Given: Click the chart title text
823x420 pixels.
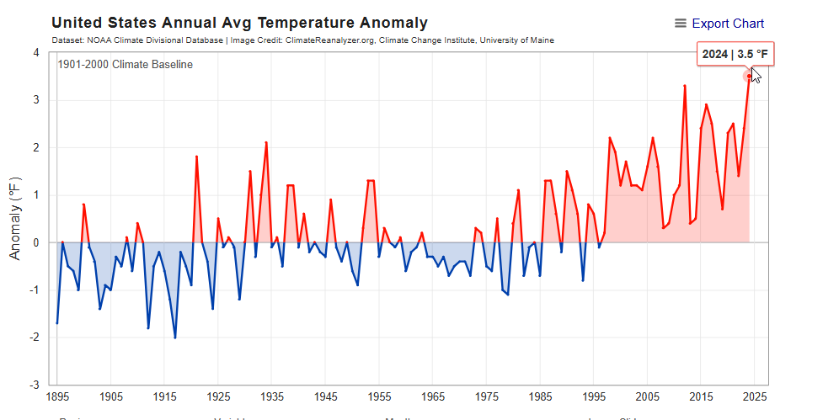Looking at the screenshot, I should point(239,24).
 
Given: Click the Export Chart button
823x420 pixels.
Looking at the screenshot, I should point(728,24).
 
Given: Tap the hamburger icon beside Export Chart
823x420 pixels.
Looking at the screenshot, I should point(681,24).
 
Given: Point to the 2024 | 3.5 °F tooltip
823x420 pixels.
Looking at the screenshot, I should point(735,55).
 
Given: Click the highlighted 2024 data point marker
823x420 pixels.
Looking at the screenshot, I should point(749,77).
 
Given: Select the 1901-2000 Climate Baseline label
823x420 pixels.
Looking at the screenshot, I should point(125,65).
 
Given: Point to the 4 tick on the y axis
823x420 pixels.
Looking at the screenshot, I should point(36,53).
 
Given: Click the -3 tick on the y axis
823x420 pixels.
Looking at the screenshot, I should point(35,385).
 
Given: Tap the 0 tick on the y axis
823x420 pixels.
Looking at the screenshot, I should point(36,242).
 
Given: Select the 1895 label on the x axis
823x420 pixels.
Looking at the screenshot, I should point(57,396).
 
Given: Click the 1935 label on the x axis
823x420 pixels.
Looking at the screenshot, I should point(271,396).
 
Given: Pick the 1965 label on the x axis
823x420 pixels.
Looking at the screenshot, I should point(432,396).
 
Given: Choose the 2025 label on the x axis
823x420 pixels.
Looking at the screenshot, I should point(754,396).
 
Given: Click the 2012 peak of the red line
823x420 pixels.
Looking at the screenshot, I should point(685,86).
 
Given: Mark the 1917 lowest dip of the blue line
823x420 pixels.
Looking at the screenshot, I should point(175,338).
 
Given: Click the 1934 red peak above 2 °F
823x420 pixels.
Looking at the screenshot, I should point(266,143).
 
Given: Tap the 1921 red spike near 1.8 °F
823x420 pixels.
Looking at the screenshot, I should point(196,157).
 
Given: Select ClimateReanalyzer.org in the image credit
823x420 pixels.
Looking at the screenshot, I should point(325,40).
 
